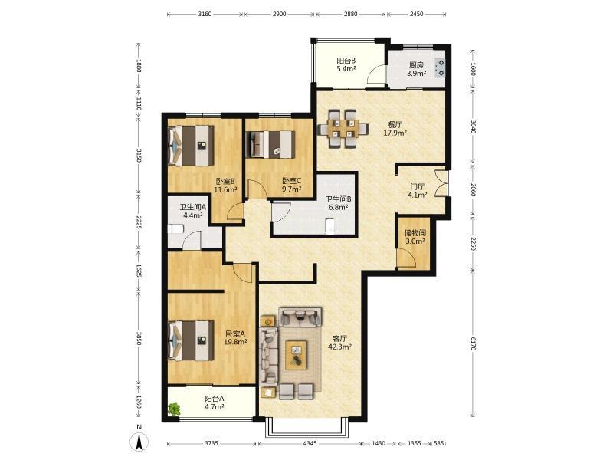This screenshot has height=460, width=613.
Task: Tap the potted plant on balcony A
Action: [x=174, y=409]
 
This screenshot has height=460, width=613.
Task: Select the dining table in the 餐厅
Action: [x=343, y=129]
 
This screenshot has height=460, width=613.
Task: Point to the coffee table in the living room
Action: [x=296, y=355]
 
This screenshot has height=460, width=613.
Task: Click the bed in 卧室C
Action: [x=270, y=145]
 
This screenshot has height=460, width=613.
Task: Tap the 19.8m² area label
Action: [x=235, y=342]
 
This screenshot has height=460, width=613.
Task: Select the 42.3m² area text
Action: [x=339, y=347]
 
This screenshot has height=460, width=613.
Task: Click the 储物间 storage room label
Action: [x=415, y=233]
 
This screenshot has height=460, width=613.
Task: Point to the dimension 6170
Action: [x=473, y=343]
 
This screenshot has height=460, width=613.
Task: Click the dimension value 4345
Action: [x=310, y=444]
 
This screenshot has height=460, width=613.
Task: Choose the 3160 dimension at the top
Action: [x=205, y=14]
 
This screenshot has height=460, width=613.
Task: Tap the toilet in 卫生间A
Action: [x=175, y=228]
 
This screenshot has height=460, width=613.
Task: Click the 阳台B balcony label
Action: [x=346, y=61]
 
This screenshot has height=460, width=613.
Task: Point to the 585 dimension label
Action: [x=439, y=444]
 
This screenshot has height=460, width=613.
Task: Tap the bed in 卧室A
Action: [x=191, y=340]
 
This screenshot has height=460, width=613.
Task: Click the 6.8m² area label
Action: [x=338, y=207]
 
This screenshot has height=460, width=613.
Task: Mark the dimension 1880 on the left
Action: [x=139, y=65]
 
